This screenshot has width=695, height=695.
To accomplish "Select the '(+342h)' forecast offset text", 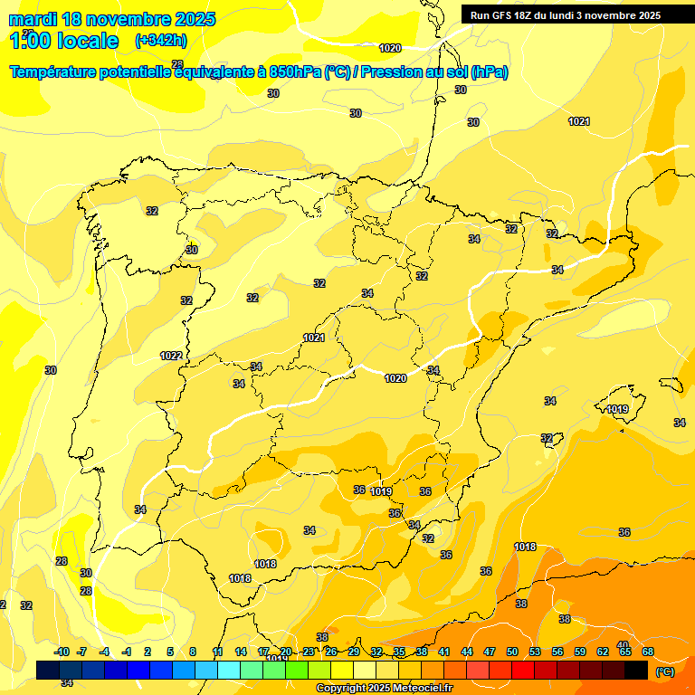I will click(160, 41).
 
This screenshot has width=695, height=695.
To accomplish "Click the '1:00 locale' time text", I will click(63, 41).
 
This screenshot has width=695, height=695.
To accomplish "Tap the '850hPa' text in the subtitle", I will click(295, 72).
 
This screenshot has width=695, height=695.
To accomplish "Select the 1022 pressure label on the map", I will click(171, 356).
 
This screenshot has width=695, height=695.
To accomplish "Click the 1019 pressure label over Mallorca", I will click(618, 410).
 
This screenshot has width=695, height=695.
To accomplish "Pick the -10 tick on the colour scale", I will click(62, 652).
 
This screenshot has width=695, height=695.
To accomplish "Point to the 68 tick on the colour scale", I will click(648, 652).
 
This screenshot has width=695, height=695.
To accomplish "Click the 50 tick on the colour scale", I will click(512, 652).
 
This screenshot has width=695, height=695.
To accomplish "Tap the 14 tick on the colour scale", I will click(241, 652).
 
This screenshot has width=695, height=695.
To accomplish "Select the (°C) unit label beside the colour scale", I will click(665, 671).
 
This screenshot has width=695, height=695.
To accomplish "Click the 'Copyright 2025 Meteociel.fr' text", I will click(385, 689).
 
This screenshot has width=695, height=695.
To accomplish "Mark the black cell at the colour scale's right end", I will click(636, 670).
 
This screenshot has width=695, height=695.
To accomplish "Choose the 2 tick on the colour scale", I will click(148, 652).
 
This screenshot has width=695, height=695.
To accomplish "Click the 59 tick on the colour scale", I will click(580, 652).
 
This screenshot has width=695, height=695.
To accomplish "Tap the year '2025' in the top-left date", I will click(192, 19).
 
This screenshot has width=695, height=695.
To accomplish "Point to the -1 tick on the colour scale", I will click(127, 652).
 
